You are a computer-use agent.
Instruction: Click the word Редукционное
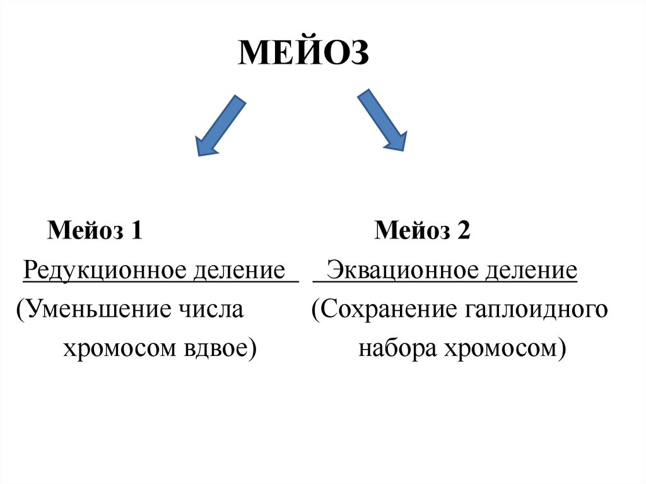[x=105, y=271]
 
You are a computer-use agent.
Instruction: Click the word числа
[x=211, y=310]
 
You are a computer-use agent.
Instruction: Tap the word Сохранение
[x=386, y=310]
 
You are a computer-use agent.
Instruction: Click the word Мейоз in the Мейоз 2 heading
[x=409, y=231]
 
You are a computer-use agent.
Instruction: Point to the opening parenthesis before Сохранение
[x=315, y=310]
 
